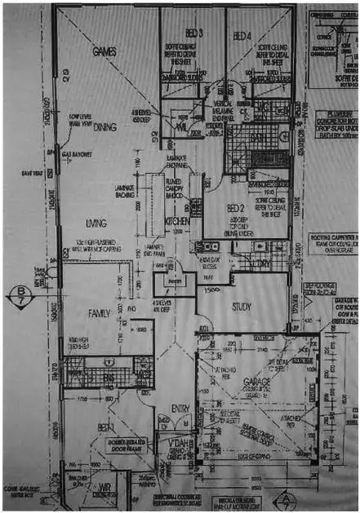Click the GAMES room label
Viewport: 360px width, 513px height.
click(104, 51)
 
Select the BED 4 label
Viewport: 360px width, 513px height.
click(242, 35)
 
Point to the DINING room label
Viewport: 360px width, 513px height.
click(104, 127)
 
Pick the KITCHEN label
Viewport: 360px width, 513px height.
click(178, 222)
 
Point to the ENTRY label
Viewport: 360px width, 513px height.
click(180, 409)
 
